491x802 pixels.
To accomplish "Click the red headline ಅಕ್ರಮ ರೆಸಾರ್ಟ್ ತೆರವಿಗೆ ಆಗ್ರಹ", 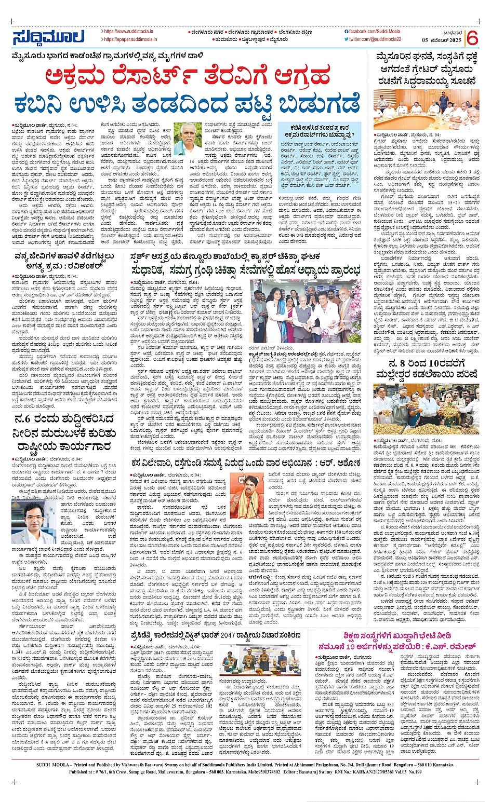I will point(187,76).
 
